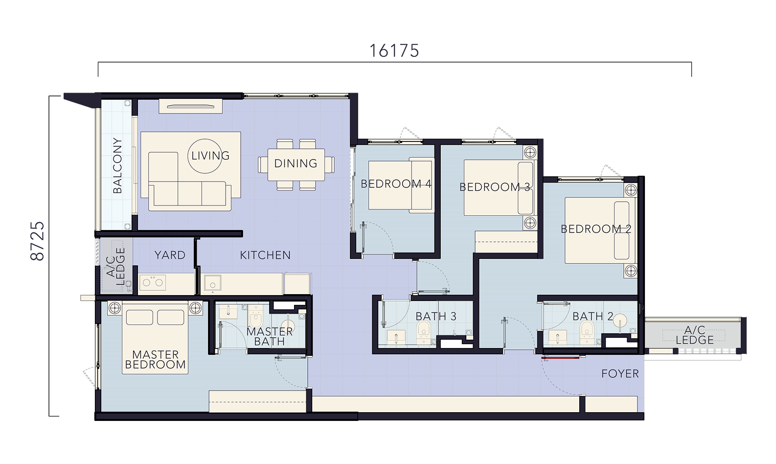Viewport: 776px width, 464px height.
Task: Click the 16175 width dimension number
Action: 394,51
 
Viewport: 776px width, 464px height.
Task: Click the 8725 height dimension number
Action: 37,241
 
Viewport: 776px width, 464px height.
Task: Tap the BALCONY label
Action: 117,165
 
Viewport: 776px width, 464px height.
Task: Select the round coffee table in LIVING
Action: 205,156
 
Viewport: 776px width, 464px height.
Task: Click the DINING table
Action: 296,164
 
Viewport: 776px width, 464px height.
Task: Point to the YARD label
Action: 170,255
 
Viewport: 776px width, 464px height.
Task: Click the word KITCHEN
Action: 265,255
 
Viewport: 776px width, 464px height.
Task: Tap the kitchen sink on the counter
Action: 213,283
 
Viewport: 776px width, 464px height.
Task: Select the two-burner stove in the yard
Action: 153,283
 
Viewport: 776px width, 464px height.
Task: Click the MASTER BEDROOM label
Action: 155,360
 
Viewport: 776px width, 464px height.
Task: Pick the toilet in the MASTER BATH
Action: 256,315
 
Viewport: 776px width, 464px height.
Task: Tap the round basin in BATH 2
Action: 620,321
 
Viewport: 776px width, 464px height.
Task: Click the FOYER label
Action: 620,373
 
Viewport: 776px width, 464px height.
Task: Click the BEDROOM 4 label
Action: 396,184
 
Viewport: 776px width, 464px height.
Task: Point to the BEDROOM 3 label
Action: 495,187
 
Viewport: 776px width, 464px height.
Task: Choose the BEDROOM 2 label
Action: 596,229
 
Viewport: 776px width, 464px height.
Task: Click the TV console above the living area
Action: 190,106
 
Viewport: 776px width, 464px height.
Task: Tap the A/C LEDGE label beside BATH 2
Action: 695,335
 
